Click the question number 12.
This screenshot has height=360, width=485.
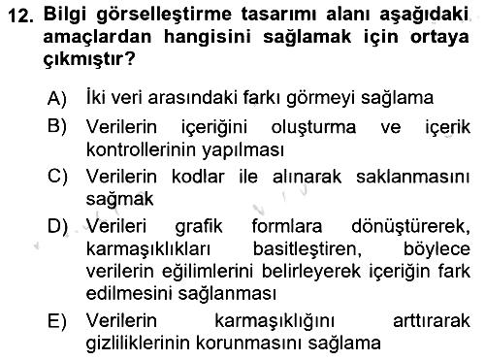point(20,16)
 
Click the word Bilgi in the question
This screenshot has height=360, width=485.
point(65,15)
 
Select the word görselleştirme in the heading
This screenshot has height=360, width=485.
point(164,15)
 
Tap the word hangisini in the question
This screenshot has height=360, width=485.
point(208,36)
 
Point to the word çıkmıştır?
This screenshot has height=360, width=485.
point(89,59)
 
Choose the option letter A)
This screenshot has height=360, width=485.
point(57,98)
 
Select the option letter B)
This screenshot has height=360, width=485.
point(57,126)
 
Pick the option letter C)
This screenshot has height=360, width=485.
point(57,177)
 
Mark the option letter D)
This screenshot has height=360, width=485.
point(57,226)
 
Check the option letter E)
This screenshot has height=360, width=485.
point(57,321)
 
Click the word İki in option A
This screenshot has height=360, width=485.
point(95,97)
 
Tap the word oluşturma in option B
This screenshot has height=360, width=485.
point(313,127)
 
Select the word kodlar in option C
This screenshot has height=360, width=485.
point(198,177)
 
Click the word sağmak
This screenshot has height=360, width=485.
point(119,200)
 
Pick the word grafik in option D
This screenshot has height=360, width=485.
point(199,226)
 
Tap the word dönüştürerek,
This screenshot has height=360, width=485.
point(410,226)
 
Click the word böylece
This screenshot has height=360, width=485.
point(436,249)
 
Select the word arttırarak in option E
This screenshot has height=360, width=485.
point(432,321)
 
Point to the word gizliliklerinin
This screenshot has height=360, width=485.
point(139,343)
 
